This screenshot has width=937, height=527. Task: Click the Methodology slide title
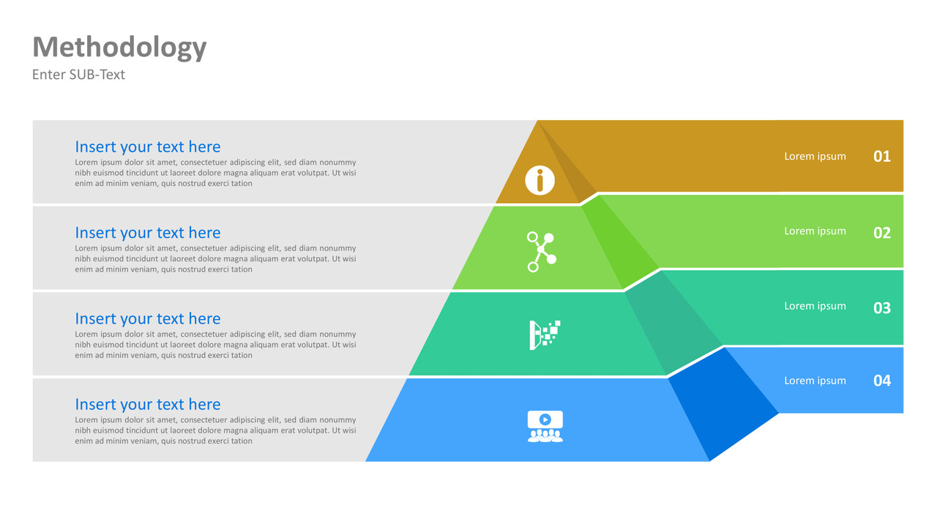[119, 48]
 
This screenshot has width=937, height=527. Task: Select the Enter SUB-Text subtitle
[78, 75]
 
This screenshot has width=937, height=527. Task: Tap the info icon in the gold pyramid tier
[540, 180]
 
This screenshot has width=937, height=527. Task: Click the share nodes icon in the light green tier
[541, 252]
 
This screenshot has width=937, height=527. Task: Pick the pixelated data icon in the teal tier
[545, 334]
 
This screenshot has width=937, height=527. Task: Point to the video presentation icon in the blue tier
[545, 426]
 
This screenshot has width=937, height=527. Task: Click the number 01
[882, 156]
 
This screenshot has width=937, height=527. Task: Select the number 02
[882, 233]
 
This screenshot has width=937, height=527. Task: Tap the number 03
[882, 308]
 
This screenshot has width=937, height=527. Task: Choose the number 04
[882, 381]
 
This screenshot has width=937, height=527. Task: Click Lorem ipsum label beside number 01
[815, 157]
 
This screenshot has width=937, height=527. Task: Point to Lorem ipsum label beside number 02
[815, 231]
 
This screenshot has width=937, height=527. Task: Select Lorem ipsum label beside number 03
[815, 306]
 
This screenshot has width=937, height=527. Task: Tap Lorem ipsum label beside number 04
[815, 381]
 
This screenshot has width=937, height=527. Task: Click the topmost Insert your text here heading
[147, 146]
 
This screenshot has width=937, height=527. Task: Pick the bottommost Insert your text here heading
[147, 404]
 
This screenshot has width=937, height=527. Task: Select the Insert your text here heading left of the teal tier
[147, 318]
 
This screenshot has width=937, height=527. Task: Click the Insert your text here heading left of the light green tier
[147, 233]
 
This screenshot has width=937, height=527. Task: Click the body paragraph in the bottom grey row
[215, 430]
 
